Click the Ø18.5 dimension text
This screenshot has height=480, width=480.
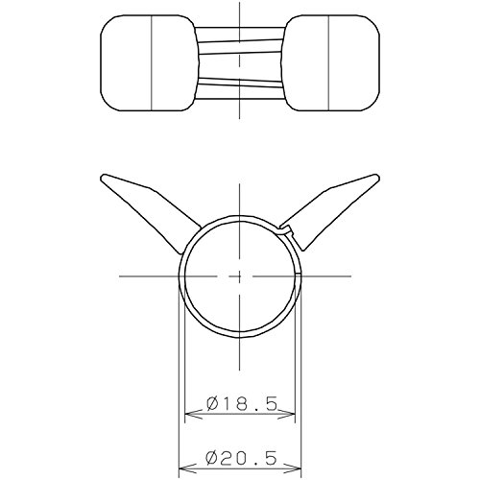coord(241,404)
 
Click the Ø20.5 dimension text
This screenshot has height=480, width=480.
coord(241,458)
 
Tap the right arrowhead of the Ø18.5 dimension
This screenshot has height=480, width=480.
coord(285,414)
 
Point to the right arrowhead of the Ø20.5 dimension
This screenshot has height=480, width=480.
coord(291,468)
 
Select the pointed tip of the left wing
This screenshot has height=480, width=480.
coord(103,176)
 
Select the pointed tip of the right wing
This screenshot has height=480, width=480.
coord(378,176)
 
